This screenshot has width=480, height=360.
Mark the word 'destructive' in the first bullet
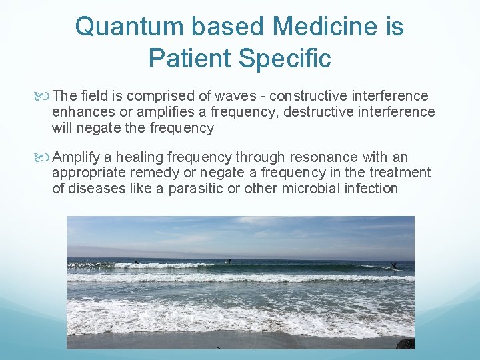tap(319, 112)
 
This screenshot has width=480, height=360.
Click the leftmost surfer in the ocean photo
tap(135, 261)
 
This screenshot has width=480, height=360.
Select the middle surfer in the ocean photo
tap(229, 260)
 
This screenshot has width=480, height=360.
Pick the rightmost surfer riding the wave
tap(393, 265)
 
